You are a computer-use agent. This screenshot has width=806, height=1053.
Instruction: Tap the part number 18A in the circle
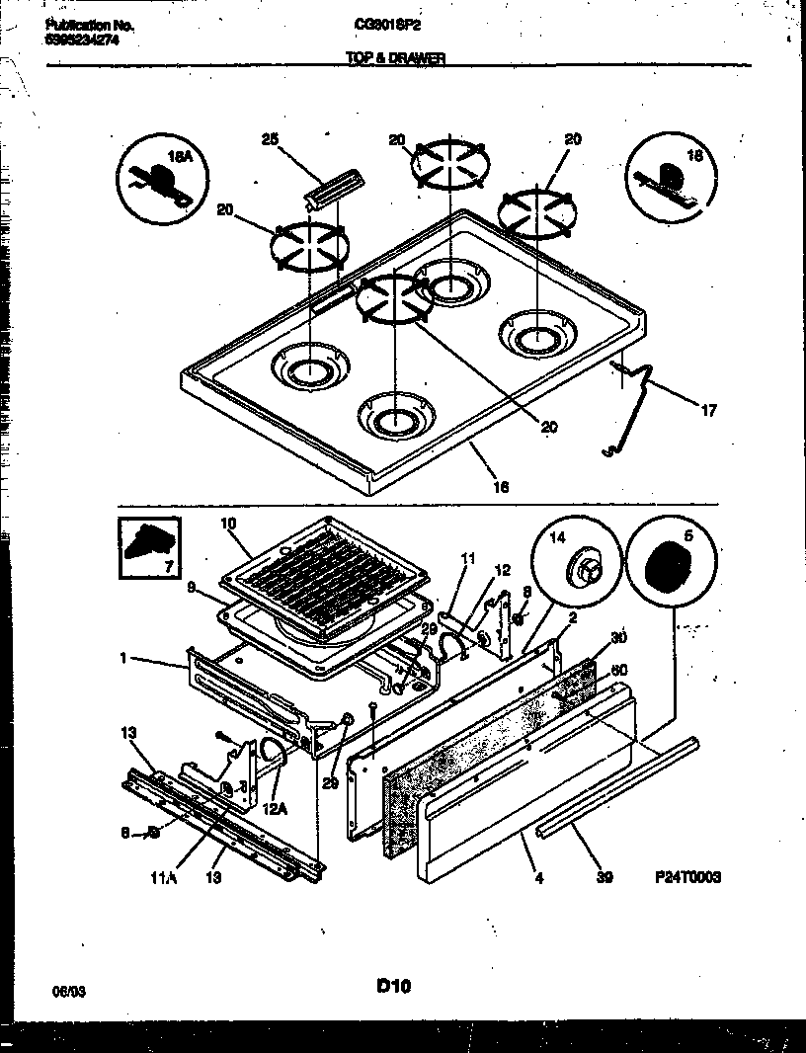pos(179,157)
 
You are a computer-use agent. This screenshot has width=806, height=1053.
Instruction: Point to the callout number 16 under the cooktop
pos(501,486)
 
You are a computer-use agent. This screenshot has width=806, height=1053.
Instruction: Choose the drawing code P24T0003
pos(686,876)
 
